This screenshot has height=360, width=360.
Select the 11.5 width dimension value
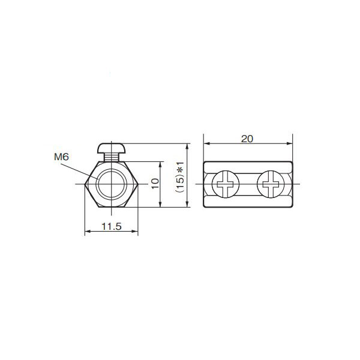click(112, 226)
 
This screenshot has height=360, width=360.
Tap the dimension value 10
click(155, 184)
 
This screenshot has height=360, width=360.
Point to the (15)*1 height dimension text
click(179, 176)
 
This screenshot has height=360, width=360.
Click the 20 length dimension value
click(247, 138)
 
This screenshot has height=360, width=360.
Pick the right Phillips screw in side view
click(269, 184)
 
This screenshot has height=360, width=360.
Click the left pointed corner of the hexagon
click(84, 184)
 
